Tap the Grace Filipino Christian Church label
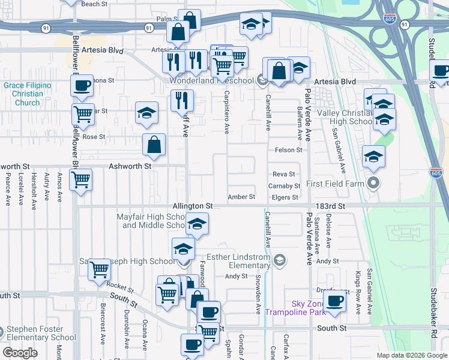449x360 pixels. (x=28, y=94)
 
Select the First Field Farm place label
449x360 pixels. (x=335, y=183)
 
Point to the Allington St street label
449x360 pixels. (x=193, y=206)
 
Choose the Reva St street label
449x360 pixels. (x=284, y=173)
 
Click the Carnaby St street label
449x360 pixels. (x=284, y=186)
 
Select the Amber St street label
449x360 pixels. (x=242, y=197)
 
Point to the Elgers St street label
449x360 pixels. (x=286, y=197)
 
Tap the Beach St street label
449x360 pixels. (x=94, y=4)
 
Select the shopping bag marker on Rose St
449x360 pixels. (x=154, y=144)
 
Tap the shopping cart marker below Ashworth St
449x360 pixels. (x=80, y=178)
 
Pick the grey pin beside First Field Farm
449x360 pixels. (x=373, y=183)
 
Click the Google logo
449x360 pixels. (x=20, y=353)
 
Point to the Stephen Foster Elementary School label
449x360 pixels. (x=42, y=333)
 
